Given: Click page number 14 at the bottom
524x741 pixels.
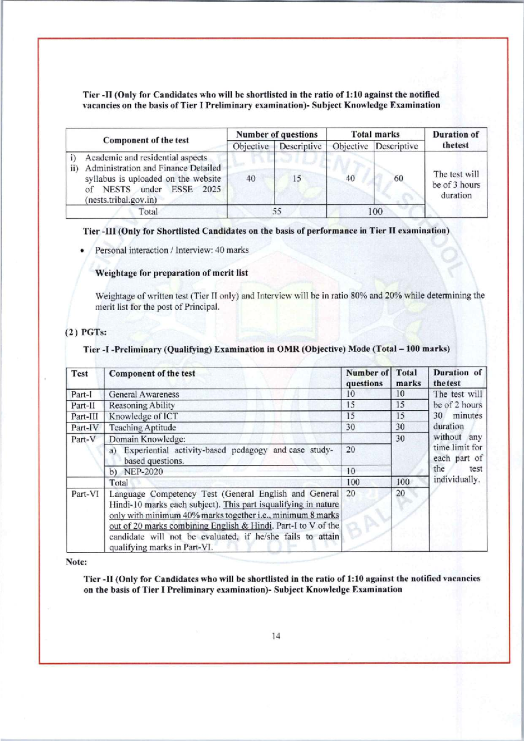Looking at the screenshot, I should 276,636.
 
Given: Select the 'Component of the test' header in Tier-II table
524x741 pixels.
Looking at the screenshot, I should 146,140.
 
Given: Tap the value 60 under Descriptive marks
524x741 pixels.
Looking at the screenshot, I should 398,178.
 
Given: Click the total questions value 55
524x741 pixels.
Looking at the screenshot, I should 277,211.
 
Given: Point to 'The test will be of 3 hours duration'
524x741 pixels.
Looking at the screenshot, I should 456,185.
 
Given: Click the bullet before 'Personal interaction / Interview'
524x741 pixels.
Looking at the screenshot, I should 82,251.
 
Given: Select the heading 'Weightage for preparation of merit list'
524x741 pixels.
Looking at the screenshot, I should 171,273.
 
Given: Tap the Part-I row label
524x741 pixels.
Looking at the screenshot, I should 82,395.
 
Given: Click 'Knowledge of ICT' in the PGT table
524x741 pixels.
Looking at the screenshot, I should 143,416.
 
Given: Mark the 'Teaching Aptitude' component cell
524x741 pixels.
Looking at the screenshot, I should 142,428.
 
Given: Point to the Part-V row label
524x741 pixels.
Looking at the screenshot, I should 83,439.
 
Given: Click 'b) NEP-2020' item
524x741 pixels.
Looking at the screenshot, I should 136,472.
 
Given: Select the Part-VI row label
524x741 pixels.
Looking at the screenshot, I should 85,494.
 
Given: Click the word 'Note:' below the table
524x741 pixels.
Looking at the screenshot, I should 76,562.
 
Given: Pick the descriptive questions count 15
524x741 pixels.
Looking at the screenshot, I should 297,178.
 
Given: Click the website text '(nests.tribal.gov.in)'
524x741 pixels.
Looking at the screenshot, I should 121,200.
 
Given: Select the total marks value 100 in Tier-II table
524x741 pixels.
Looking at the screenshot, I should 375,211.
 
